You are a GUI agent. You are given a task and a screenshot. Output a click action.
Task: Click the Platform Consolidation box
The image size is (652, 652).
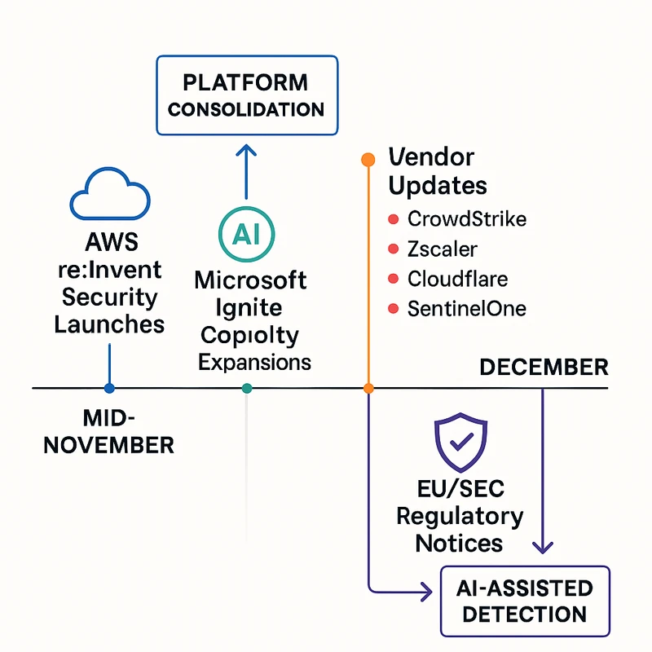246,95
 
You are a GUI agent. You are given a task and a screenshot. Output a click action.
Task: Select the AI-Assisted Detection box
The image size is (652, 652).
525,601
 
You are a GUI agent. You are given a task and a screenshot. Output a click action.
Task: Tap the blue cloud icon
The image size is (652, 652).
109,196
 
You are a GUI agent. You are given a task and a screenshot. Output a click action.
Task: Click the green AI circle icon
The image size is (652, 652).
245,233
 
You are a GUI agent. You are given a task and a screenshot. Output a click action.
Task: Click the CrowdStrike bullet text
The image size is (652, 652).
467,219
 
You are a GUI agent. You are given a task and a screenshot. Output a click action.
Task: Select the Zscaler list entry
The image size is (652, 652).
443,249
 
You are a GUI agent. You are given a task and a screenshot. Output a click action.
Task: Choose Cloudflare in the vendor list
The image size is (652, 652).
457,279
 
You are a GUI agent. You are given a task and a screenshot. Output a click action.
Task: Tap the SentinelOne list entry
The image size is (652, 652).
467,309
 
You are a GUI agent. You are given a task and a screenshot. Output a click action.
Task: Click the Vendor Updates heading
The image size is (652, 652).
437,170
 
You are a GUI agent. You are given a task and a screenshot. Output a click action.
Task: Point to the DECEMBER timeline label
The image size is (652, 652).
544,368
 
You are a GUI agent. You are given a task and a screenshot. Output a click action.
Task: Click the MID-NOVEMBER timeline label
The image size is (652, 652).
108,432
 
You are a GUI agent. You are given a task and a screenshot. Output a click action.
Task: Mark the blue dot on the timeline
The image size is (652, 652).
110,389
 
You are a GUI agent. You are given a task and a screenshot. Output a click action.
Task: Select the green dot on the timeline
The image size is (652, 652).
247,389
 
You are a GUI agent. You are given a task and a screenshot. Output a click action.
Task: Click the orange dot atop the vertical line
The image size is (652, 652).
368,158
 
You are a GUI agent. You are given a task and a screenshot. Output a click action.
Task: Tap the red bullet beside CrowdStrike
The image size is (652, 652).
393,219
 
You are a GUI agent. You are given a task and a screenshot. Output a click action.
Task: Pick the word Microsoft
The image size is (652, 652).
250,281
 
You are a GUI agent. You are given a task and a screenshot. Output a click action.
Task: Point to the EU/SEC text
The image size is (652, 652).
460,489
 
